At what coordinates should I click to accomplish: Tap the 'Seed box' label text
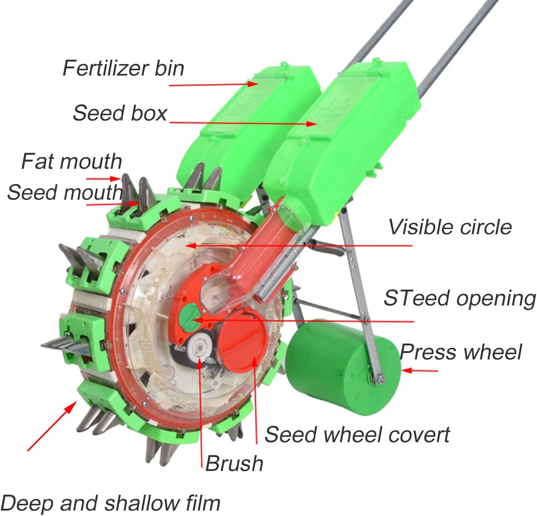tap(120, 113)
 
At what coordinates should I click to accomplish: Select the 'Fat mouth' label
tap(72, 161)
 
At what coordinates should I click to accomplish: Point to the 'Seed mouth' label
tap(65, 192)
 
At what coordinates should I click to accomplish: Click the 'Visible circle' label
tap(450, 227)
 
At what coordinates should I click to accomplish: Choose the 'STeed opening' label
tap(460, 298)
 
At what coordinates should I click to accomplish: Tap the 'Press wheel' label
tap(461, 352)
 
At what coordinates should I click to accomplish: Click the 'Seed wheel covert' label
tap(357, 434)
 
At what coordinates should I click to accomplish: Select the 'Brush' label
tap(234, 463)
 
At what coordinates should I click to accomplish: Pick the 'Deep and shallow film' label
tap(110, 503)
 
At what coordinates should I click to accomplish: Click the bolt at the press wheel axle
tap(380, 379)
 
